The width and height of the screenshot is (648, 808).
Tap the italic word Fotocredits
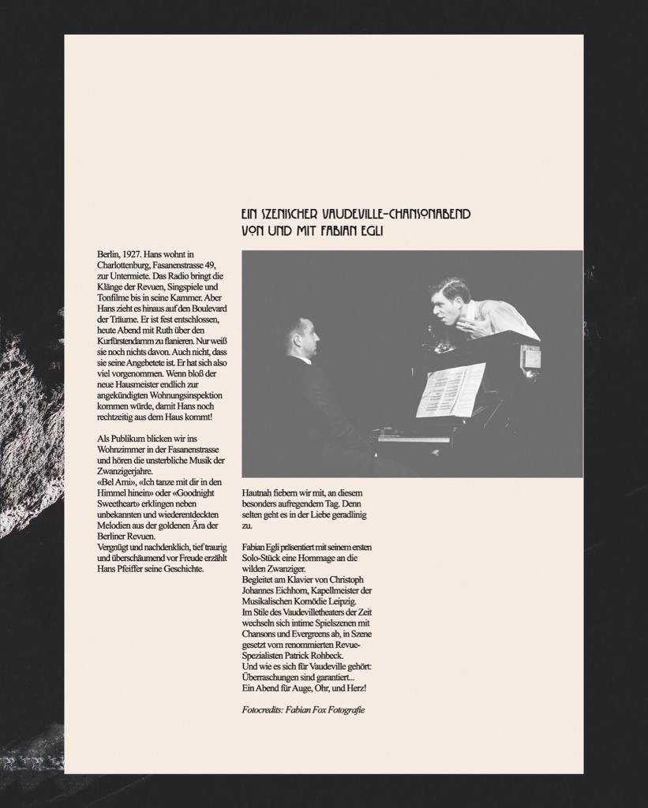(264, 710)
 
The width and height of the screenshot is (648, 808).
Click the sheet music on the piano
(450, 390)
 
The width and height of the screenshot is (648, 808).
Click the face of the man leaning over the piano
(448, 301)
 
